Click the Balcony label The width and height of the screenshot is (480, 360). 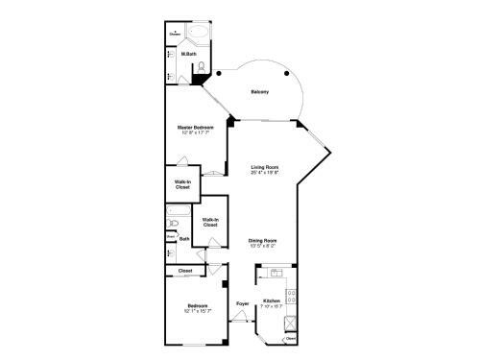click(259, 91)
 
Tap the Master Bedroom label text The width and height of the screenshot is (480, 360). click(195, 127)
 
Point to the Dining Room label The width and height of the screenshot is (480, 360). click(262, 239)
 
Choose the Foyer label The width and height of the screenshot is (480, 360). click(243, 303)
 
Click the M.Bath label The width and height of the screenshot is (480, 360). click(189, 54)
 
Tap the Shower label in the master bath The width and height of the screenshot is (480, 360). click(176, 35)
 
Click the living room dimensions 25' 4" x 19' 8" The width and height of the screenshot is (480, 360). click(265, 174)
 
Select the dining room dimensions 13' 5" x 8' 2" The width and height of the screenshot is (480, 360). click(262, 245)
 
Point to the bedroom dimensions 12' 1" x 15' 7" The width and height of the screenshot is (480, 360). click(197, 310)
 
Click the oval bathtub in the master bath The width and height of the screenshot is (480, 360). click(199, 36)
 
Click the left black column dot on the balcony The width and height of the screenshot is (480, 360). click(220, 73)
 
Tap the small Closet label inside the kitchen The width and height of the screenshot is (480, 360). click(290, 338)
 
